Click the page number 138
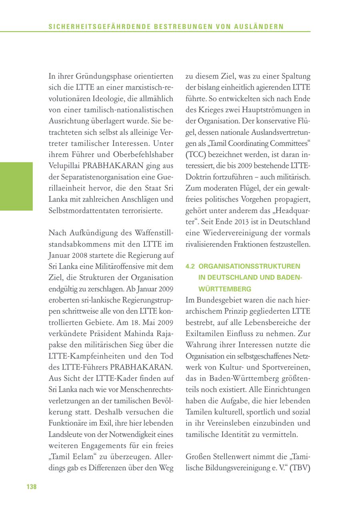pyautogui.click(x=32, y=486)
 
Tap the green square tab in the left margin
pyautogui.click(x=16, y=186)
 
